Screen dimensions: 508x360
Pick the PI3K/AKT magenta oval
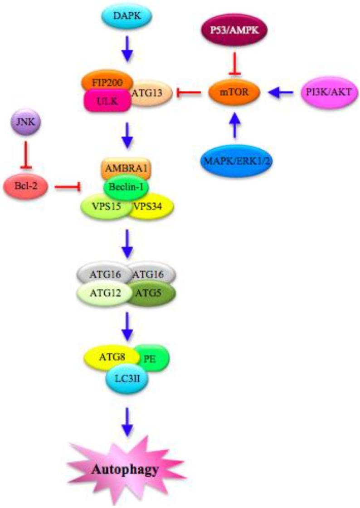point(328,93)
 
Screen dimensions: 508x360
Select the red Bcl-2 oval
point(27,186)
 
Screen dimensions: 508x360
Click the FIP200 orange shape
point(107,83)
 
